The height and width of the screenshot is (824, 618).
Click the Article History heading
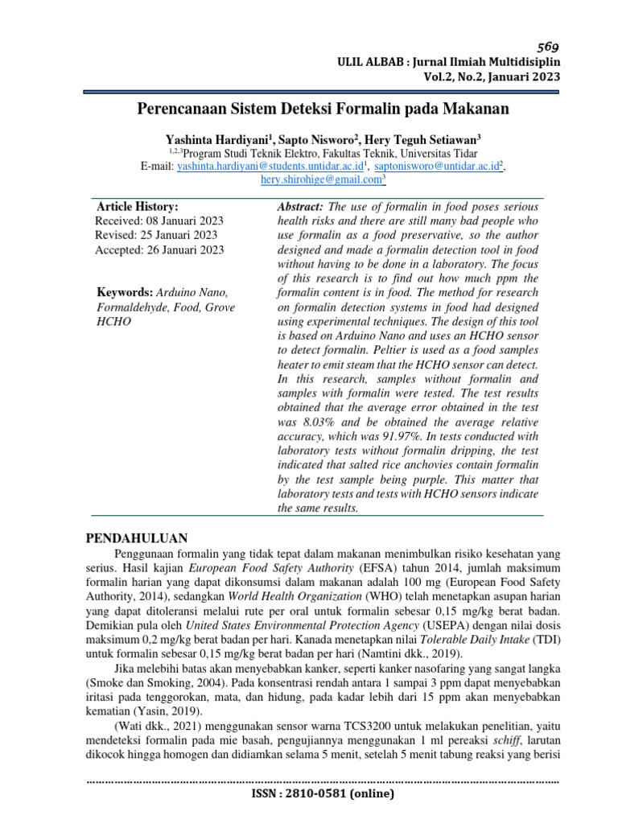(x=138, y=206)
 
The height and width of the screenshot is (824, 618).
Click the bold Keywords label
(x=124, y=291)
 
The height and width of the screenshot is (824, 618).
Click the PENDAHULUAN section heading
(x=137, y=538)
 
